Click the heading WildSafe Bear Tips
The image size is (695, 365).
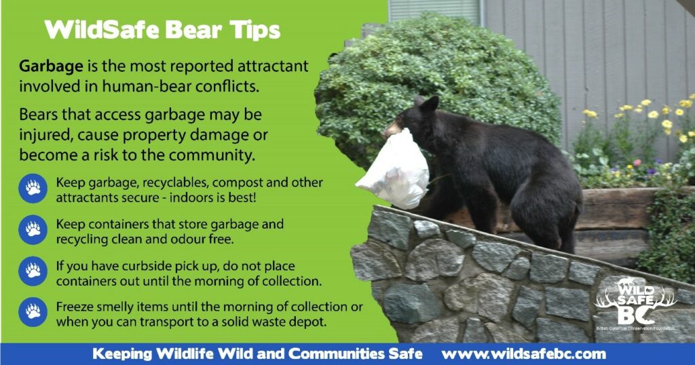pyautogui.click(x=162, y=31)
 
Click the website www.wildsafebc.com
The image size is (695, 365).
pyautogui.click(x=523, y=354)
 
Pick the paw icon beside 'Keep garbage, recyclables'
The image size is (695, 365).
pyautogui.click(x=33, y=188)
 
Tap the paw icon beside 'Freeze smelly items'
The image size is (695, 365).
pyautogui.click(x=33, y=312)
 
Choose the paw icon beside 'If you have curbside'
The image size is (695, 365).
pyautogui.click(x=33, y=271)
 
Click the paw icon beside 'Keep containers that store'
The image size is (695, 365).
pyautogui.click(x=33, y=229)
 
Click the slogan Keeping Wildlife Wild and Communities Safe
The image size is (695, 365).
pyautogui.click(x=257, y=354)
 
